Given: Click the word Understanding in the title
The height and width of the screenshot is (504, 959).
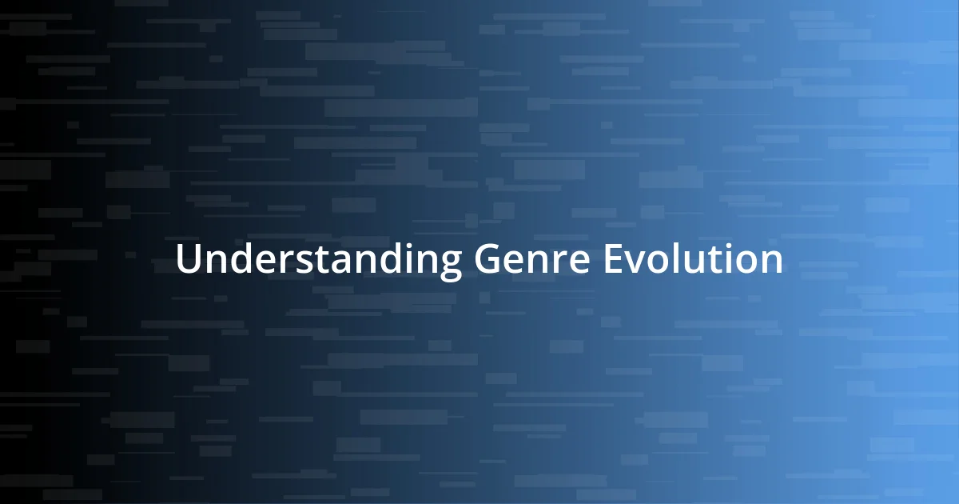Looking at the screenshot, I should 319,260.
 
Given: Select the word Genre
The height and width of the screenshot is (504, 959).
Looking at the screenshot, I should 532,260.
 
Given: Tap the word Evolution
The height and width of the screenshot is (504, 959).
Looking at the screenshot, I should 693,260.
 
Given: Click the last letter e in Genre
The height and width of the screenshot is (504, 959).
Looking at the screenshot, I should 580,262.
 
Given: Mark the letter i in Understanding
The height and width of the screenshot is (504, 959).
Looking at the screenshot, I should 407,258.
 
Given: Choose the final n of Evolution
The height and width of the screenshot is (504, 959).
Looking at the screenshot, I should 772,262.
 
